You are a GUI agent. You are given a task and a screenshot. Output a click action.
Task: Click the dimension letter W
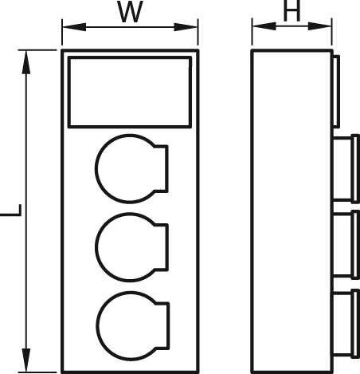pos(130,11)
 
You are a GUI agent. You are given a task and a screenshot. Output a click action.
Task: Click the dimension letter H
pos(292,10)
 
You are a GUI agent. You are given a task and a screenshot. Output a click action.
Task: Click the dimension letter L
pos(10,211)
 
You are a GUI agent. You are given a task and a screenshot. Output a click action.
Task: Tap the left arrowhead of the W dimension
pos(74,27)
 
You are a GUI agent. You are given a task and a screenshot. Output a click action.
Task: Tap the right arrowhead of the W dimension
pos(186,27)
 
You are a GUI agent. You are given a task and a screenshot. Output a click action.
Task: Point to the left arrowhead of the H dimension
pos(264,26)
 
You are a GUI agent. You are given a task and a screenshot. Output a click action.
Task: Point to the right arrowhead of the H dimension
pos(319,26)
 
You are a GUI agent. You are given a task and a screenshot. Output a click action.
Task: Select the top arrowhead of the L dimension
pos(26,62)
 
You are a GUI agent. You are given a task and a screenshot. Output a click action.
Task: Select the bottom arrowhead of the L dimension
pos(26,360)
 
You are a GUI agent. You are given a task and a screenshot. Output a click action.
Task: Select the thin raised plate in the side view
pos(336,91)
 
